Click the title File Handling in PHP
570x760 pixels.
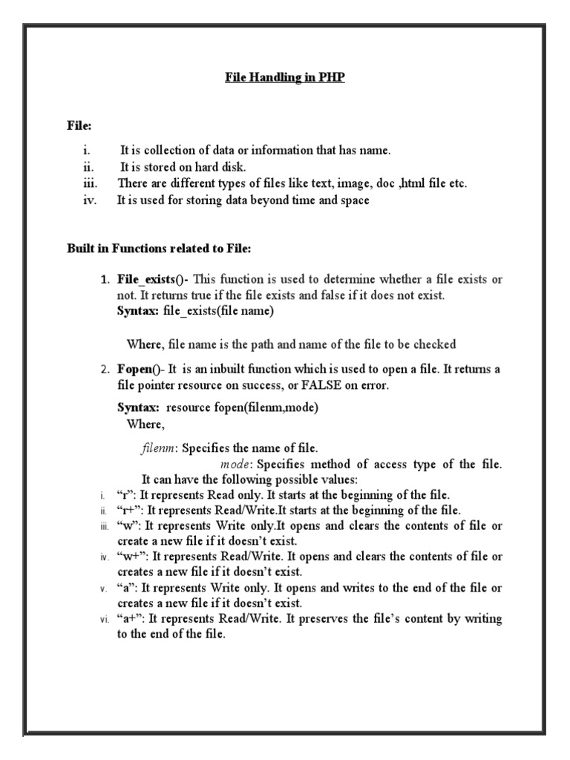tap(285, 78)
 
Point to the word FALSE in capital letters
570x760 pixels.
tap(321, 386)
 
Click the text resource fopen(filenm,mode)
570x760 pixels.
tap(242, 408)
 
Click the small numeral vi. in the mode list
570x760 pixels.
tap(104, 620)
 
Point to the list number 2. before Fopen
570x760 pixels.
tap(106, 369)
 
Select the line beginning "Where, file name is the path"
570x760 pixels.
tap(291, 344)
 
